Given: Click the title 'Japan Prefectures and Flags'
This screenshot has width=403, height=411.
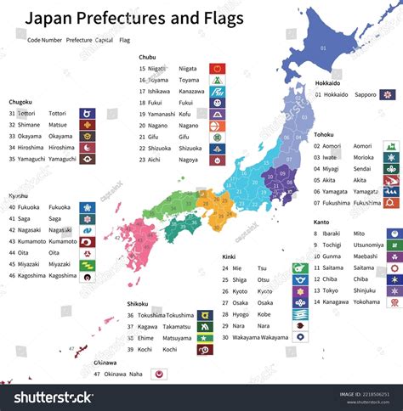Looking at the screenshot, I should [x=133, y=18].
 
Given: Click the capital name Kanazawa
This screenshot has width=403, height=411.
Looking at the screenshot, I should [x=191, y=90].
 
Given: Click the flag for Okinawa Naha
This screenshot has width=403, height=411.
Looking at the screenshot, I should [x=157, y=373].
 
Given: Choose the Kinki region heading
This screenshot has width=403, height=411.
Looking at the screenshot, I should [x=230, y=256].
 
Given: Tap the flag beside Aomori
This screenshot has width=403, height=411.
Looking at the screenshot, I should [x=392, y=146].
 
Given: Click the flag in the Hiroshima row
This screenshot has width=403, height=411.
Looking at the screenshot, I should [x=88, y=147].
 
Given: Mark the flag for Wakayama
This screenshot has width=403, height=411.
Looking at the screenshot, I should [x=298, y=337].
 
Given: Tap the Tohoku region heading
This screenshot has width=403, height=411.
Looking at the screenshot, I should [x=325, y=134].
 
